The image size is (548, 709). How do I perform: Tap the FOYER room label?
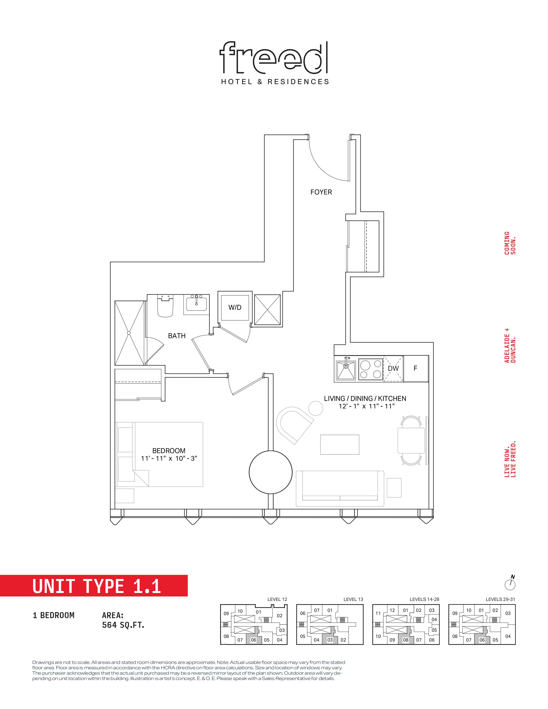coord(321,192)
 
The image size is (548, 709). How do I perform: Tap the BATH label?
coord(177,336)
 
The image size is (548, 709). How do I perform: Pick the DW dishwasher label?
coord(393,368)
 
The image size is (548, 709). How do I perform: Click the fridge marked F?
coord(416,368)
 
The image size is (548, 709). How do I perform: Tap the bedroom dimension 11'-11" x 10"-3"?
coord(169,458)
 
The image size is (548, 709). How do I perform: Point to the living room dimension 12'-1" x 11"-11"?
coord(367,406)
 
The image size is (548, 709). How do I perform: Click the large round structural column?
coord(270,472)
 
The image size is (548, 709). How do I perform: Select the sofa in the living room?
coord(340,489)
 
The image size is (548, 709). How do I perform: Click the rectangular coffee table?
coord(340,445)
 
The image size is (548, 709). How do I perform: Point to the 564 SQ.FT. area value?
coord(123,625)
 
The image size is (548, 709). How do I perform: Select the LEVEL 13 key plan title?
coord(353,599)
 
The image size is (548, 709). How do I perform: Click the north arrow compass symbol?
coord(510,583)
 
